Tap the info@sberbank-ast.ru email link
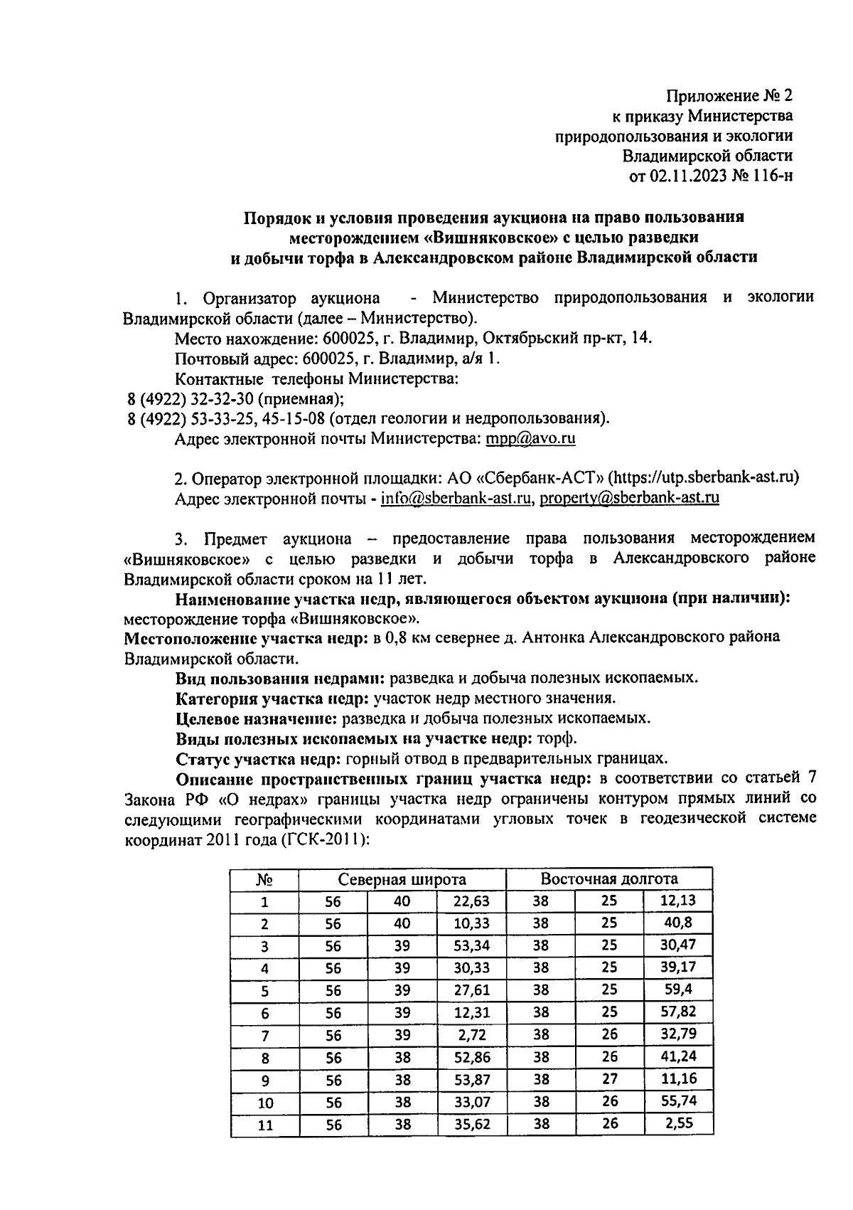pos(456,498)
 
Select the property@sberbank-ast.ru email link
pos(629,498)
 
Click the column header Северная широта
pos(402,879)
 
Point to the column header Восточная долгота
pos(608,879)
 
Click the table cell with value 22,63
pos(471,901)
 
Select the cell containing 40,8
pos(677,923)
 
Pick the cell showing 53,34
pos(471,946)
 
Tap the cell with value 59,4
pos(677,990)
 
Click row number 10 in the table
pos(265,1103)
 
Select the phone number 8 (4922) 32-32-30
pos(191,399)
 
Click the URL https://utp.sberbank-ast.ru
pos(702,477)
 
